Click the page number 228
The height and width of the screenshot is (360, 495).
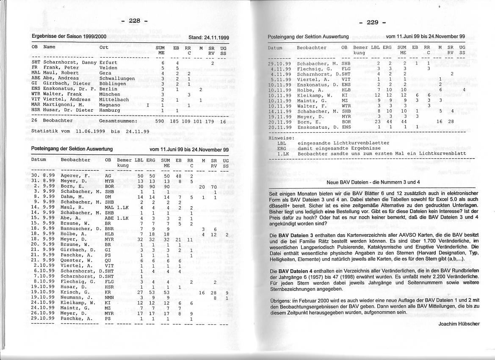tap(134, 21)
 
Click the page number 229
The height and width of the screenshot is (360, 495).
tap(372, 22)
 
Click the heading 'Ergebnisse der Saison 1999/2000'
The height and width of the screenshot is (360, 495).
tap(69, 37)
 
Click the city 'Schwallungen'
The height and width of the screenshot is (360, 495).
tap(117, 78)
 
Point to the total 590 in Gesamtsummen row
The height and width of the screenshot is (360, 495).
tap(159, 121)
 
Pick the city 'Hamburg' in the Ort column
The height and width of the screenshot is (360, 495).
tap(111, 110)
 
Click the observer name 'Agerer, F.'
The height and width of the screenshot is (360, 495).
tap(75, 176)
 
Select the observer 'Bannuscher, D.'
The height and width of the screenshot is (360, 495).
tap(79, 229)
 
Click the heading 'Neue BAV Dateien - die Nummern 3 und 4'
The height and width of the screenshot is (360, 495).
tap(373, 182)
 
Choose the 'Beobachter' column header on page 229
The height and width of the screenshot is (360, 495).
tap(312, 48)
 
